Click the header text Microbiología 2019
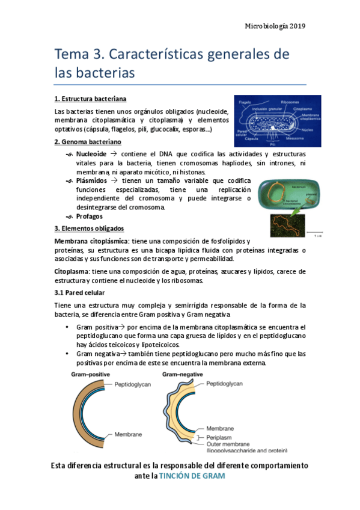pyautogui.click(x=275, y=26)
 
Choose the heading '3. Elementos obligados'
pyautogui.click(x=89, y=229)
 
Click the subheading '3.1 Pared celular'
pyautogui.click(x=79, y=292)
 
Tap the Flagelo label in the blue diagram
pyautogui.click(x=245, y=103)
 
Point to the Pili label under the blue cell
pyautogui.click(x=273, y=144)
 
